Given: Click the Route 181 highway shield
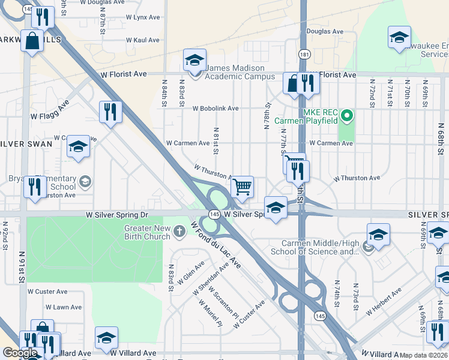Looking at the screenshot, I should pos(304,54).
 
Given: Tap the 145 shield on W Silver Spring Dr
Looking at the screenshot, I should pos(214,214).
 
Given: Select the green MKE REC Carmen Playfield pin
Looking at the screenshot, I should pos(346,115).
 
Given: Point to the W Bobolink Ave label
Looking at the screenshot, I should pos(215,109).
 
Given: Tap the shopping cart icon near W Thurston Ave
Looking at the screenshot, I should pos(242,187).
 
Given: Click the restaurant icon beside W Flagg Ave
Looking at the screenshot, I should pos(110,111).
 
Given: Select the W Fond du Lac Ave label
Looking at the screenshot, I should pos(215,246).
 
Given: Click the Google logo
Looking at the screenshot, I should pos(20,353).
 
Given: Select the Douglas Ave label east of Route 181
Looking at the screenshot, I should pos(325,31).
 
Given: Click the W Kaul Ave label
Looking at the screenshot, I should pos(143,40).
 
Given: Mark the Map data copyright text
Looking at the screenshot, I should pos(424,355).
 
